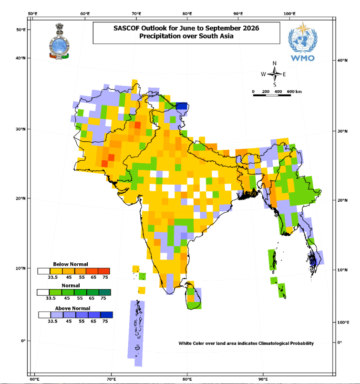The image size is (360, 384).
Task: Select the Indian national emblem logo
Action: [x=59, y=42]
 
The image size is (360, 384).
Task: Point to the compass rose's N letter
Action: [x=274, y=63]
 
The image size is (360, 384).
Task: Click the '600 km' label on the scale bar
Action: [x=294, y=91]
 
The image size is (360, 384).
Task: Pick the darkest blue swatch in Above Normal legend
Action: [x=107, y=315]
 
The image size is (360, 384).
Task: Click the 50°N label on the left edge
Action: [x=21, y=30]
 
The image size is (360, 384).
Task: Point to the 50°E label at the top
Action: [x=34, y=13]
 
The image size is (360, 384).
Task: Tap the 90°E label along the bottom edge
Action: [x=263, y=379]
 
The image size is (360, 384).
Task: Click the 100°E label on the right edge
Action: [x=344, y=323]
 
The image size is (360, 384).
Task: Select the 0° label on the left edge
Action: [x=22, y=341]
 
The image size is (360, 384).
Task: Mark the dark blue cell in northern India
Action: [x=182, y=106]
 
